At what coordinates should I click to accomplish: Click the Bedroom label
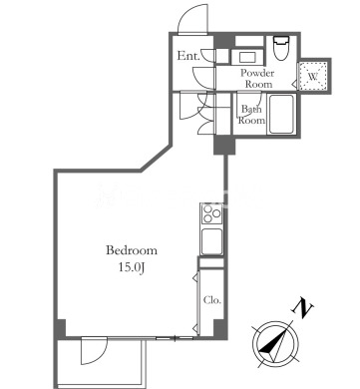click(132, 250)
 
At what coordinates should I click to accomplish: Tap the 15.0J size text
click(131, 267)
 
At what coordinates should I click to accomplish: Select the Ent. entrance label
click(188, 56)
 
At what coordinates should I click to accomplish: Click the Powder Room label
click(257, 78)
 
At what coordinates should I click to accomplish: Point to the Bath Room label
click(251, 115)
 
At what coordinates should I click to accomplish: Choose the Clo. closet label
click(212, 300)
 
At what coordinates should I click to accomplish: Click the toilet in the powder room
click(281, 48)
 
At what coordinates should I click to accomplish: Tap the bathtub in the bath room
click(281, 115)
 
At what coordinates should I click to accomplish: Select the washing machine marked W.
click(312, 76)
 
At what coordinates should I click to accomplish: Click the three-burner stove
click(211, 213)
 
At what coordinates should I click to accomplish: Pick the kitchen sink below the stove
click(211, 241)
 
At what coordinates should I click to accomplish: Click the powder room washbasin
click(247, 57)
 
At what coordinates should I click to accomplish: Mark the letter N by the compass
click(302, 307)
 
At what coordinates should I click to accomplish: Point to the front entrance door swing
click(192, 20)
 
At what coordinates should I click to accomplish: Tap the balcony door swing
click(94, 351)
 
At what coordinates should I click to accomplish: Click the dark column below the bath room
click(224, 145)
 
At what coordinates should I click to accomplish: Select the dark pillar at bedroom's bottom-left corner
click(60, 329)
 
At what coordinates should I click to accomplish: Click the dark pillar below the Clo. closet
click(219, 328)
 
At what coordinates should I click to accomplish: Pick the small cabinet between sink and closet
click(211, 262)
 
